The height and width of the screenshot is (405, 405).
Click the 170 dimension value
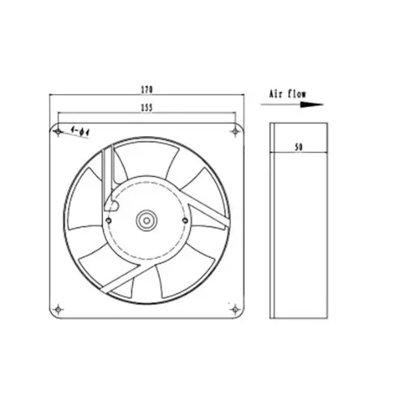click(x=147, y=87)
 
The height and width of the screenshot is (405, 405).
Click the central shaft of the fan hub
click(x=147, y=218)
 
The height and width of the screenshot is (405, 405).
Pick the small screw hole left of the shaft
click(x=109, y=217)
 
